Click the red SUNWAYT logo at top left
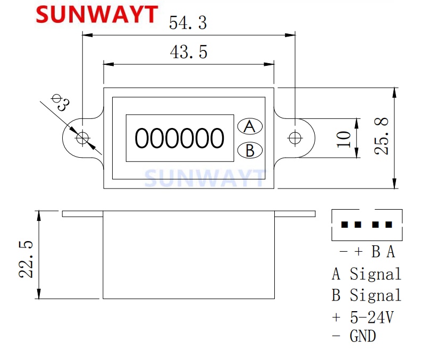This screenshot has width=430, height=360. pos(97,14)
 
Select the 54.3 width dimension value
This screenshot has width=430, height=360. pos(187,23)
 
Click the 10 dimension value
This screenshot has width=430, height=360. pos(344,138)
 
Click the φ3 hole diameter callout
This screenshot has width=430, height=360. pos(60,101)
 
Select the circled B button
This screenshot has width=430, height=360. pos(250,150)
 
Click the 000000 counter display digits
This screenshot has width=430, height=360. pos(180,138)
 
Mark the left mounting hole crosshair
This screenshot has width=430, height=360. pos(82,138)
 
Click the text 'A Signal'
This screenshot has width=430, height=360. pos(366,274)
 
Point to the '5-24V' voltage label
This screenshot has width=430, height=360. pos(372,317)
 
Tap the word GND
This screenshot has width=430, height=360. pos(362,336)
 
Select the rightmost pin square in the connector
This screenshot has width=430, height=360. pos(390,225)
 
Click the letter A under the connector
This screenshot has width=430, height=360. pos(391,252)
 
